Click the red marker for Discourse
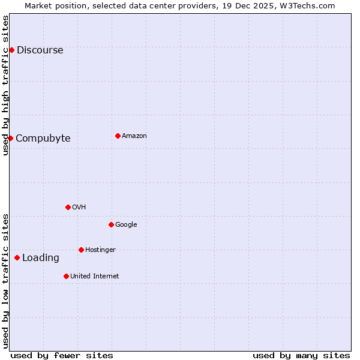click(11, 50)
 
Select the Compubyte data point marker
click(10, 138)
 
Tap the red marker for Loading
click(17, 257)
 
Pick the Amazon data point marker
click(118, 136)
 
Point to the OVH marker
click(68, 207)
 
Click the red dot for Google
click(111, 224)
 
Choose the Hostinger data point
click(81, 250)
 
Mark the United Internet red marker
click(66, 276)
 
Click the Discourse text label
click(40, 50)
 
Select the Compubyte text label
click(43, 138)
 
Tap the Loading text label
click(40, 257)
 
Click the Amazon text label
click(134, 136)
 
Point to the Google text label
click(126, 224)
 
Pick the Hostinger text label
click(100, 250)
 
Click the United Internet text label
click(94, 276)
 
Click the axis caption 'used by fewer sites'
click(62, 355)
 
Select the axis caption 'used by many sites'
click(301, 355)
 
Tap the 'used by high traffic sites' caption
click(5, 85)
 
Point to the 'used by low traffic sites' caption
click(5, 281)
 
